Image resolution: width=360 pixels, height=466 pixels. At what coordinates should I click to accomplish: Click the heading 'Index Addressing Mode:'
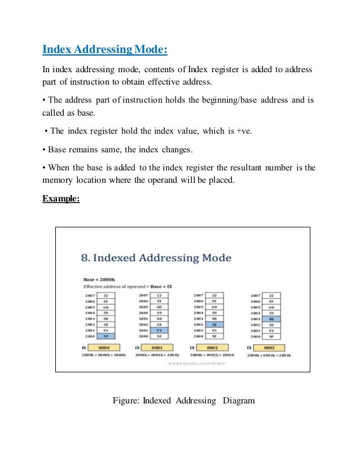click(105, 50)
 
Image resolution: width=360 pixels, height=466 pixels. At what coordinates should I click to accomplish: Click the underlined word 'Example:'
click(62, 199)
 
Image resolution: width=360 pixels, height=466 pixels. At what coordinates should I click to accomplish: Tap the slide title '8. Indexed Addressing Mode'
click(156, 258)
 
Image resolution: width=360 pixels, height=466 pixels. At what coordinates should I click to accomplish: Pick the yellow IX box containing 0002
click(216, 348)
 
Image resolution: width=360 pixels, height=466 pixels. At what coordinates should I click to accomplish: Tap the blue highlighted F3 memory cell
click(160, 330)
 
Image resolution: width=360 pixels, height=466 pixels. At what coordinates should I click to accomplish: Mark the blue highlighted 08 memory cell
click(273, 319)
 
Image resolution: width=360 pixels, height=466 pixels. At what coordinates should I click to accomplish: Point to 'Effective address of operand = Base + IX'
click(126, 287)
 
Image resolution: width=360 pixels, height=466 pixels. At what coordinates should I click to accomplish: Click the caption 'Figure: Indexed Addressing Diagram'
click(184, 401)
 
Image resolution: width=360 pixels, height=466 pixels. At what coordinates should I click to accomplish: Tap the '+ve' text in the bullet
click(244, 131)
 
